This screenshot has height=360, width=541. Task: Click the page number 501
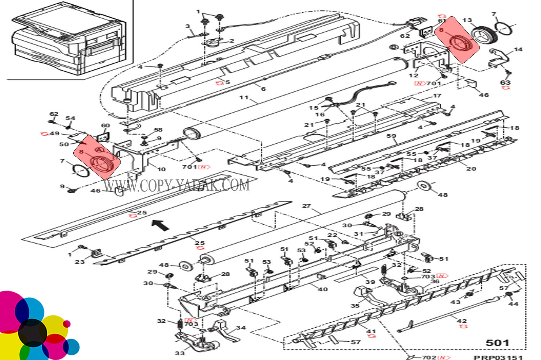497,343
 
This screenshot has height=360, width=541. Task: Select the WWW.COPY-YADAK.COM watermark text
177,185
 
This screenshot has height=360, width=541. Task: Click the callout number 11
244,97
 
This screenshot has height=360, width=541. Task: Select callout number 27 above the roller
306,206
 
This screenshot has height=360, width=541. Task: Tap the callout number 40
323,289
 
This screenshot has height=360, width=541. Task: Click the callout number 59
391,136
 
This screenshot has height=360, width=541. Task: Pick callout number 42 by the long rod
462,320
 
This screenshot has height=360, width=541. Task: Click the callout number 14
518,49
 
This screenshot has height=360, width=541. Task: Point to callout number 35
355,305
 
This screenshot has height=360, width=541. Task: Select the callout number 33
179,353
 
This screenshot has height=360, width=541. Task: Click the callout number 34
241,328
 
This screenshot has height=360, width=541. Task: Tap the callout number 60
105,126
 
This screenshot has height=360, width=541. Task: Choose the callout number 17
437,96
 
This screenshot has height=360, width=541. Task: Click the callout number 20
471,168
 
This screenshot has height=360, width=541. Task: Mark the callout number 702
429,357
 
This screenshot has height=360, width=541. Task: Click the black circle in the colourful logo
32,333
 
